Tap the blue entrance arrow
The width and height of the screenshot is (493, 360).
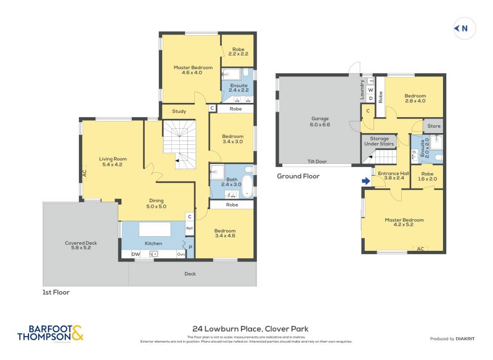coord(366,181)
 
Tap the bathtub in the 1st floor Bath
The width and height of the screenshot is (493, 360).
coord(248,185)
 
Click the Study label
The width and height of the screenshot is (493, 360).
coord(179,112)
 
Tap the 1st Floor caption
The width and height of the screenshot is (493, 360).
coord(55,292)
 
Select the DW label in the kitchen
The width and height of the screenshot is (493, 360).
coord(135,254)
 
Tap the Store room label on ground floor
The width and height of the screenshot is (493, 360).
coord(434,126)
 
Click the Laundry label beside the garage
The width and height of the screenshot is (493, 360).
coord(362,90)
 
